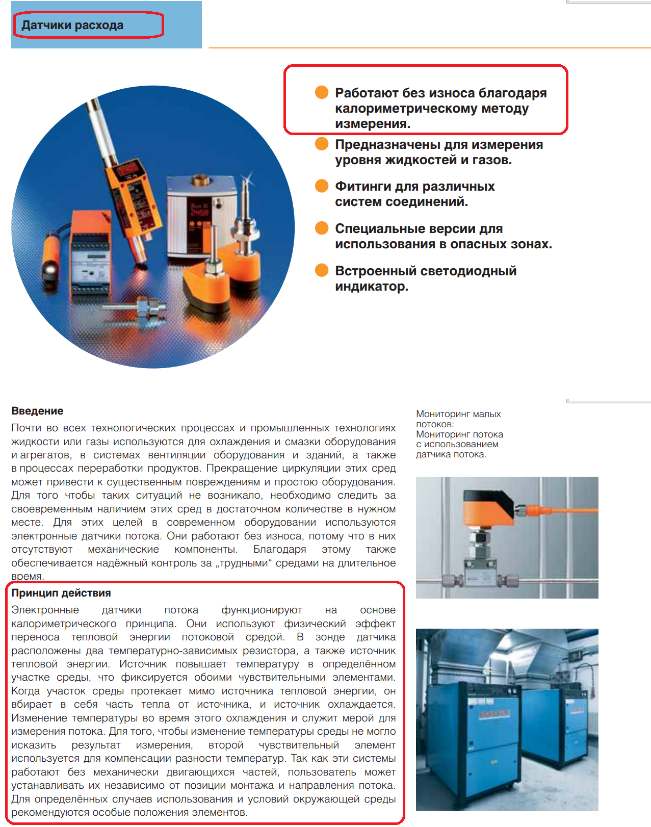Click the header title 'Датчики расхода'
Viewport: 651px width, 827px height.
pyautogui.click(x=72, y=25)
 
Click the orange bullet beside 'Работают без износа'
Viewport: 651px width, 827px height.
pyautogui.click(x=322, y=92)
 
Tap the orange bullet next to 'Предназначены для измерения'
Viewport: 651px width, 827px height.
pyautogui.click(x=322, y=144)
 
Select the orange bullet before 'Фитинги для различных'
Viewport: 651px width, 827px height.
pyautogui.click(x=322, y=186)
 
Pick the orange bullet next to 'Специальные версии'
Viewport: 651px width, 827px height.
pyautogui.click(x=322, y=228)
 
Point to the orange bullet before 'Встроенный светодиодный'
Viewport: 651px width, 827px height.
pyautogui.click(x=322, y=270)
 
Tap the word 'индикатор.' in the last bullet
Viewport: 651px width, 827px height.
pyautogui.click(x=372, y=287)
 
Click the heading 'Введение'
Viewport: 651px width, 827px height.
pyautogui.click(x=37, y=411)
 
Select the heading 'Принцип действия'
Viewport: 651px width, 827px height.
pyautogui.click(x=61, y=593)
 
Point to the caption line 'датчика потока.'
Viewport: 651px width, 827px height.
pyautogui.click(x=451, y=454)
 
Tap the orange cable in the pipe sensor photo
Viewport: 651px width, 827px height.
pyautogui.click(x=566, y=510)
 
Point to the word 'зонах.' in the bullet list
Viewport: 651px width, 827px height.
pyautogui.click(x=532, y=244)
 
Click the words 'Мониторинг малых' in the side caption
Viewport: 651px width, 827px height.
pyautogui.click(x=458, y=414)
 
